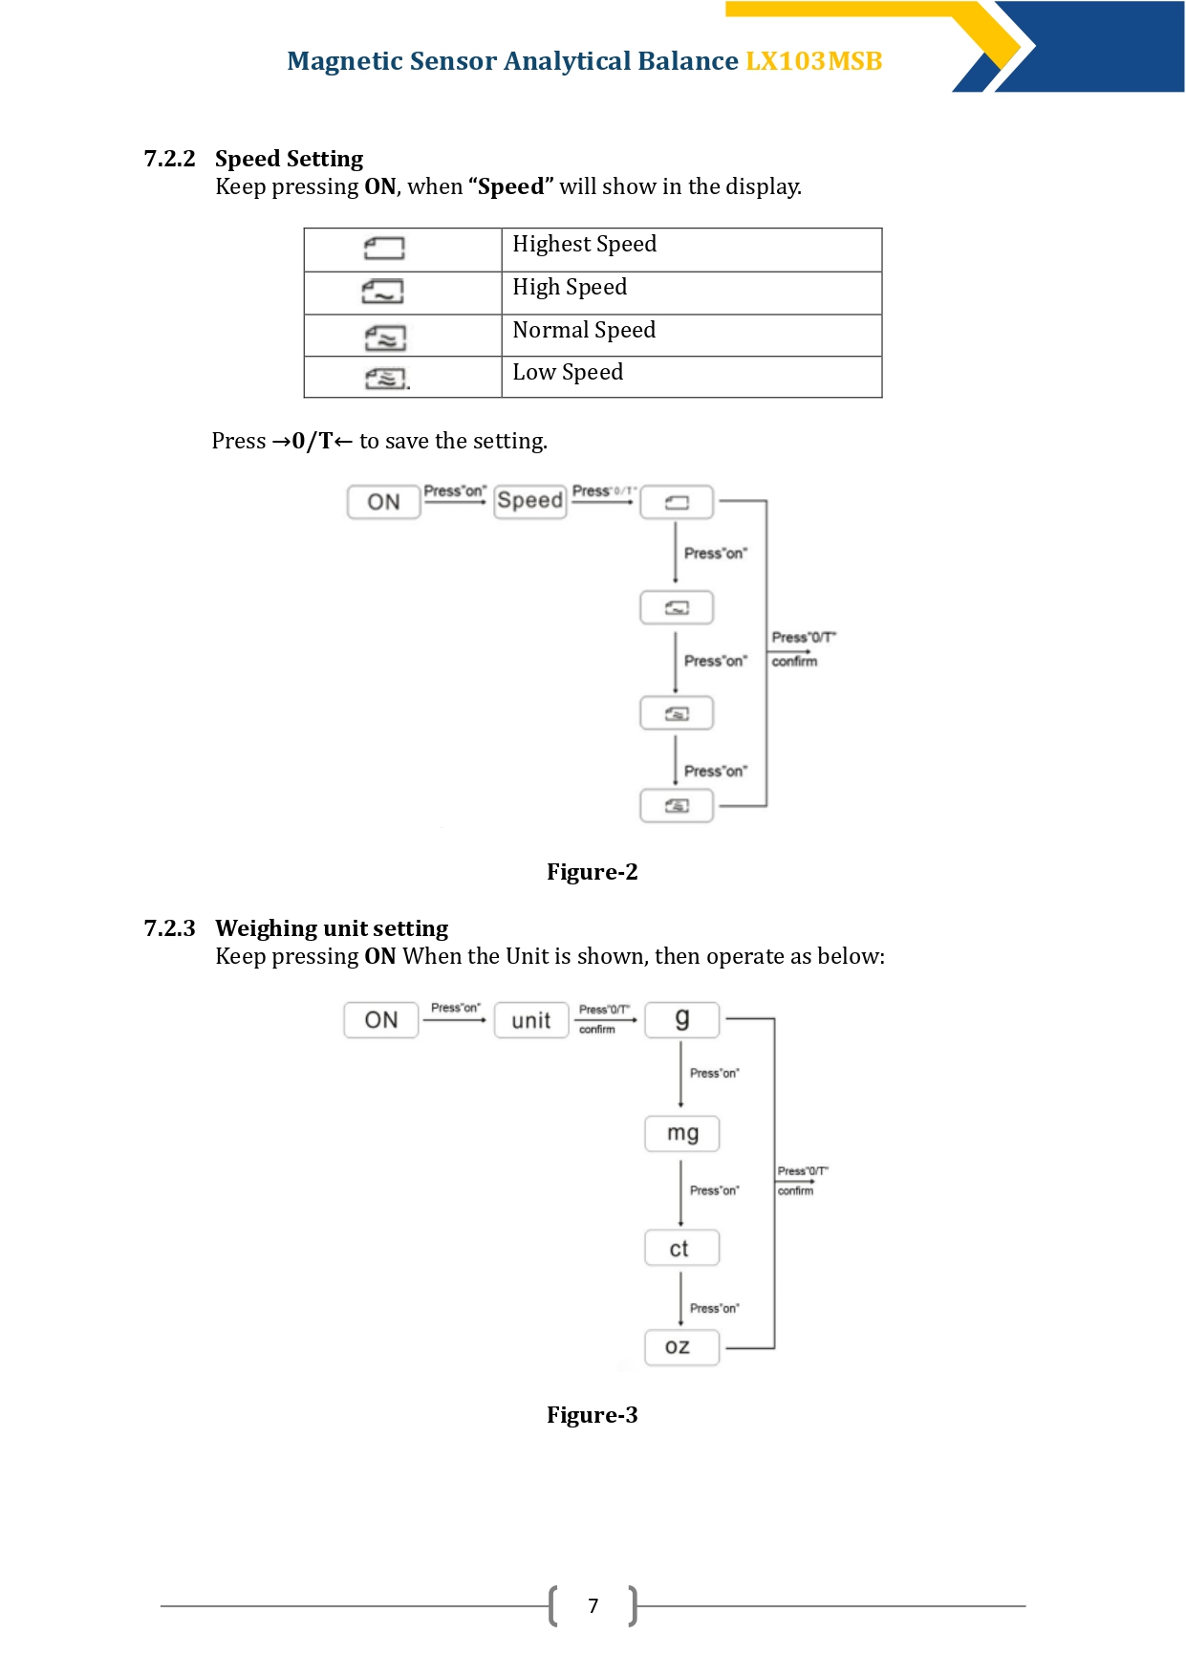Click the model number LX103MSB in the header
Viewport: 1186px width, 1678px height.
pos(813,61)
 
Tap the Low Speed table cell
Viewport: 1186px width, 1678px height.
pos(692,377)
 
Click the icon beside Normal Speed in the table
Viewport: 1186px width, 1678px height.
pos(385,338)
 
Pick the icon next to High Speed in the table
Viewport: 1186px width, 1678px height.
pos(383,291)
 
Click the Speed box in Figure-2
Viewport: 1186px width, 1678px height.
pos(530,501)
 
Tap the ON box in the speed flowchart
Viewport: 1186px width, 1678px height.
pos(383,502)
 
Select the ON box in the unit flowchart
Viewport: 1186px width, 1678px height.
pos(381,1020)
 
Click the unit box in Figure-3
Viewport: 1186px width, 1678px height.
pos(531,1020)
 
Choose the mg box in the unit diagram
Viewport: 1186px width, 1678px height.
pos(682,1133)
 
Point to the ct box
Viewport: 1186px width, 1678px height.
pos(682,1248)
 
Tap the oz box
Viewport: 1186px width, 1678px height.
pos(682,1347)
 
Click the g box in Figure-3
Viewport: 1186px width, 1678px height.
pos(682,1019)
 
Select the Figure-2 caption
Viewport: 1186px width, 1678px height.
pos(593,872)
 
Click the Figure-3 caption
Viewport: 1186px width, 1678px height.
pos(593,1415)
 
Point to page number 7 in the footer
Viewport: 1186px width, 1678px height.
pos(593,1606)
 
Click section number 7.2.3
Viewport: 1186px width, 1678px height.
pos(169,928)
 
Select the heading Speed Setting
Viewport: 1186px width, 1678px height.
pos(290,159)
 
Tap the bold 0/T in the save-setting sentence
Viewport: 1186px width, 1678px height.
pos(313,441)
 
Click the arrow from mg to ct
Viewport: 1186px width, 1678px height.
pos(680,1193)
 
